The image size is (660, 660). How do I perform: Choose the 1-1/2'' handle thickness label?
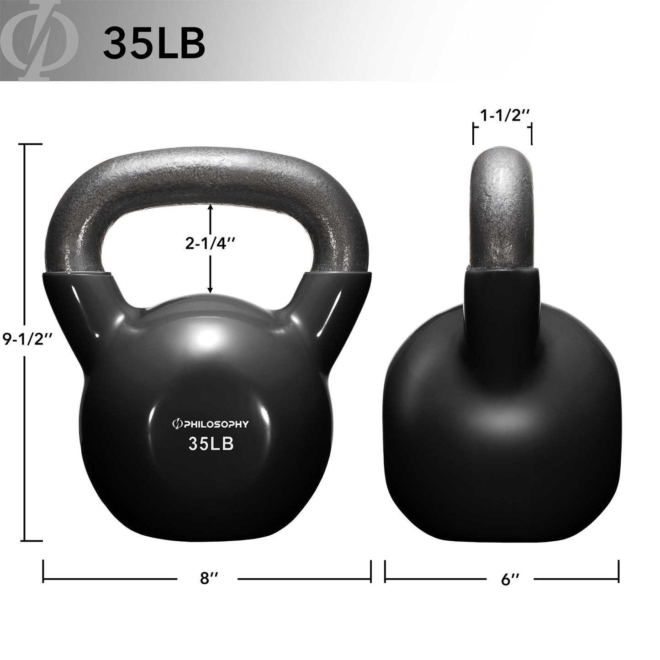point(502,116)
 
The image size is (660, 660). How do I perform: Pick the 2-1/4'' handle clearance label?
point(210,245)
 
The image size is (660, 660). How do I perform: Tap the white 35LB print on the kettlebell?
point(211,444)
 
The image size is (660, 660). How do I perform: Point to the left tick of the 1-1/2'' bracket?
point(474,136)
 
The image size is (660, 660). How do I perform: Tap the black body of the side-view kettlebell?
point(502,411)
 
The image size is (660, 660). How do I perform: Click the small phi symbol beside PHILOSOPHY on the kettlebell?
point(175,424)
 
